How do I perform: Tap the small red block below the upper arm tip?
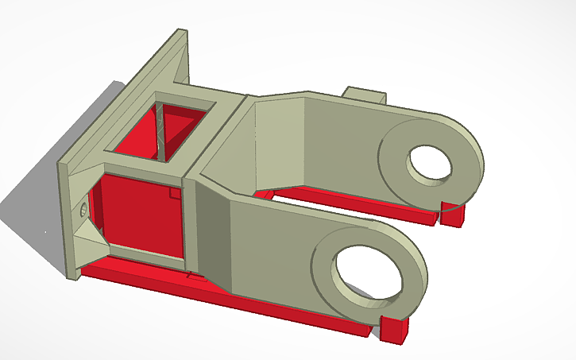453,215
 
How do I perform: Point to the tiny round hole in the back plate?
83,209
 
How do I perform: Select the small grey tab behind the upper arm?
365,95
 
